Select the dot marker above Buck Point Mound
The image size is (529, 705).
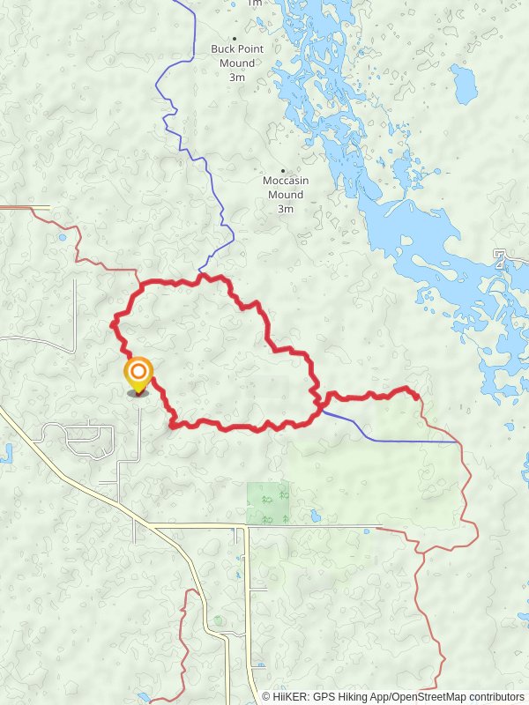[235, 38]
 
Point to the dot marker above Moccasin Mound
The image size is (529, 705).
[283, 170]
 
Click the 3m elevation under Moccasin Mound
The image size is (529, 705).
[285, 209]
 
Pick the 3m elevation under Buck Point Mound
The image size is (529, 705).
[236, 78]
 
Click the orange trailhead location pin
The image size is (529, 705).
[138, 374]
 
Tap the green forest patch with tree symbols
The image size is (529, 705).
[268, 503]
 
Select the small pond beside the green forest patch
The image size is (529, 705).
[315, 516]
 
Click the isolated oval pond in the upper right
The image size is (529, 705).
[463, 84]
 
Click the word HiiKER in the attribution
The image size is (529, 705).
[290, 696]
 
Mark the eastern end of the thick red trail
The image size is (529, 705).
[415, 396]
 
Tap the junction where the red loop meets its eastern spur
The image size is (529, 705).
[319, 404]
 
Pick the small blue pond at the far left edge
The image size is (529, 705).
[5, 455]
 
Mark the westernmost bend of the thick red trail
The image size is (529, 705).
[113, 324]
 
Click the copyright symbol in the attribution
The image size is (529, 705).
[266, 696]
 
